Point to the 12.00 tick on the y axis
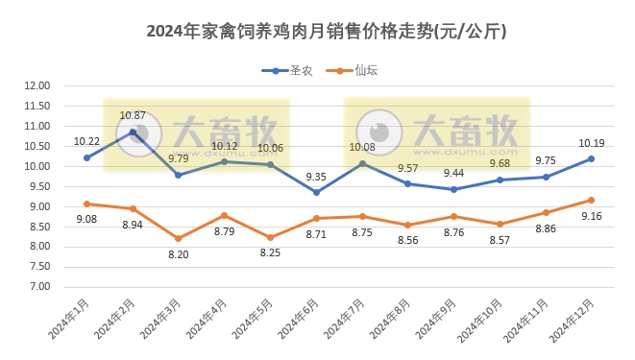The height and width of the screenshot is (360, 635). click(x=37, y=85)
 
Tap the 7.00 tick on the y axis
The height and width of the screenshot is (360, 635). click(x=39, y=286)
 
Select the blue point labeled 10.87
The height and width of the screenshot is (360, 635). click(x=133, y=132)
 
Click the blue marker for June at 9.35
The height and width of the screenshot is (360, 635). click(x=316, y=192)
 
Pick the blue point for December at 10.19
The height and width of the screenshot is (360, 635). click(x=591, y=158)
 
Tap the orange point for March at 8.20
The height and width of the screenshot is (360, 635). click(x=179, y=238)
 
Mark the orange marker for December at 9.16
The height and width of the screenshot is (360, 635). click(x=591, y=200)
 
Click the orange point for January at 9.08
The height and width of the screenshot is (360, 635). click(x=86, y=204)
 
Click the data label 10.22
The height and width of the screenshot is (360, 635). click(x=86, y=140)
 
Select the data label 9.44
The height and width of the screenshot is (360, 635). click(x=453, y=173)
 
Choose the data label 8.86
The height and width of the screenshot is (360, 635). click(x=545, y=228)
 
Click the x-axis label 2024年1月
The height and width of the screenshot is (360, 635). click(x=68, y=320)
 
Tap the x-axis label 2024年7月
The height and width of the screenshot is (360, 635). click(x=343, y=320)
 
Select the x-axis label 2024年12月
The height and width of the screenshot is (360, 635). click(x=571, y=322)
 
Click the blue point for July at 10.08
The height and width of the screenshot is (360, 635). click(x=362, y=163)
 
